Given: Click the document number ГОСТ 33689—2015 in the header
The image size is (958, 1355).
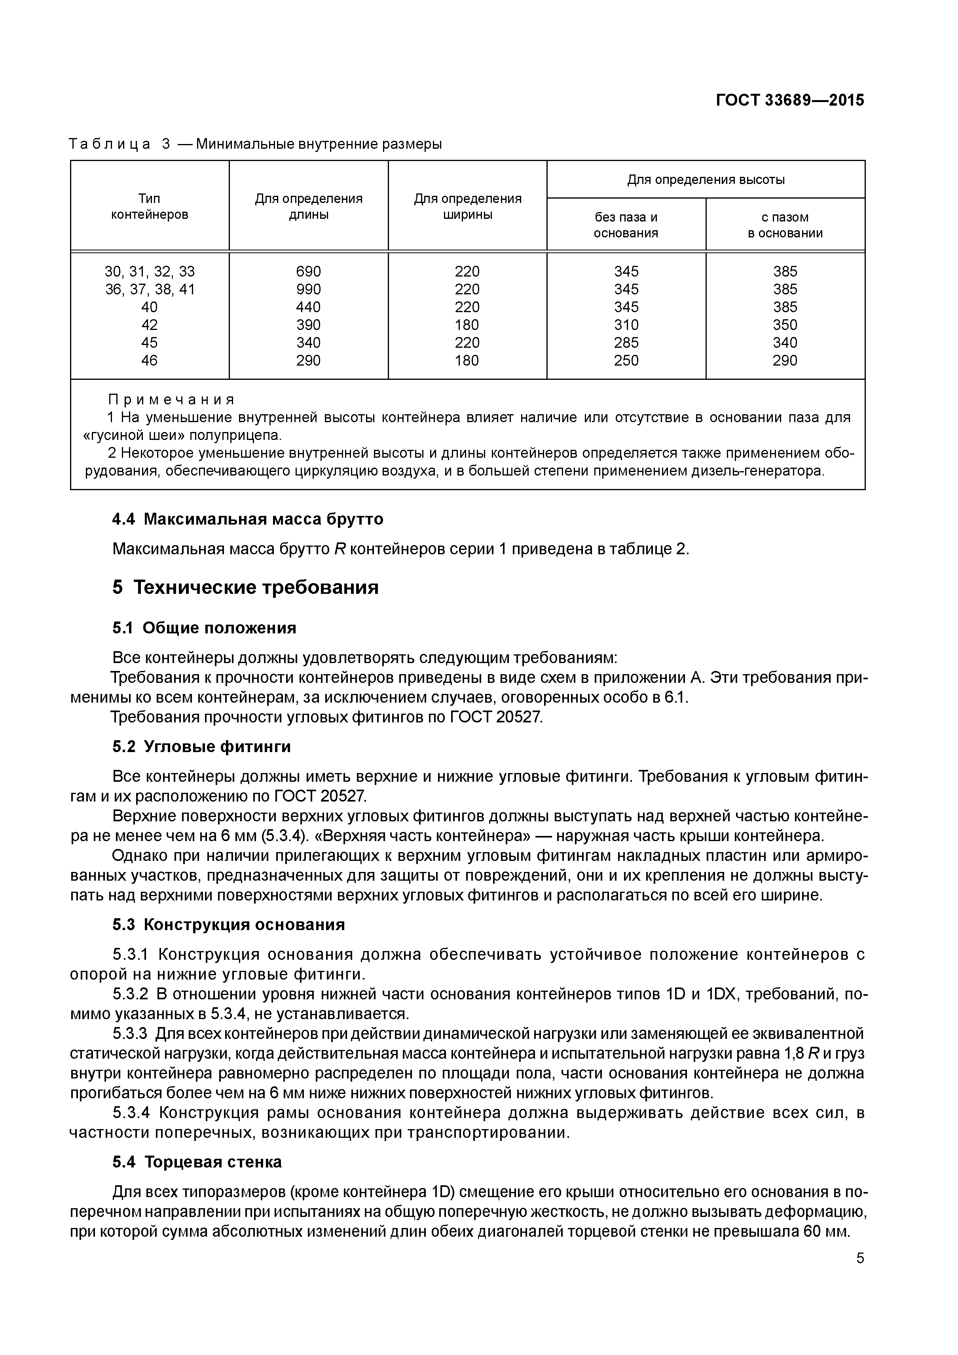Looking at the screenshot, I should click(x=789, y=100).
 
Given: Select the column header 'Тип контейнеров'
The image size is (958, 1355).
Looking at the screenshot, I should click(x=149, y=207).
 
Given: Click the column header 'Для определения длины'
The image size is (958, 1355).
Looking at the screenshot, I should click(x=308, y=207).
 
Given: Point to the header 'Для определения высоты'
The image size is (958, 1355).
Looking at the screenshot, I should click(x=706, y=179).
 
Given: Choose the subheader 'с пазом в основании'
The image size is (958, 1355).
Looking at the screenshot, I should click(x=785, y=225).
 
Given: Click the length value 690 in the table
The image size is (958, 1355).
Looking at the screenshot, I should click(x=308, y=271).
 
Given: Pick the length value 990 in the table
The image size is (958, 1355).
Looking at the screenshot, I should click(x=308, y=289).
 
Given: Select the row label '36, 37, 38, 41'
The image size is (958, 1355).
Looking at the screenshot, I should click(x=149, y=289).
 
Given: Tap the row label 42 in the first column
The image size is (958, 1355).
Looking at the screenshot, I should click(x=149, y=324).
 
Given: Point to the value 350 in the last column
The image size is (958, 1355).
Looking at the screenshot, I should click(x=785, y=324).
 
